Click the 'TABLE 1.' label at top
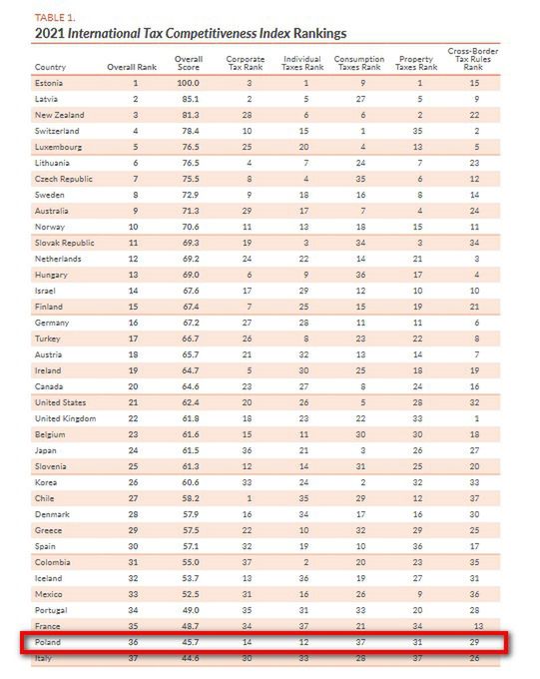click(x=55, y=18)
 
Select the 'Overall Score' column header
click(x=189, y=63)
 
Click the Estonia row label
click(x=50, y=83)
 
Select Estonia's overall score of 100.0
click(x=189, y=83)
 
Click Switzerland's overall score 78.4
click(x=188, y=130)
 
